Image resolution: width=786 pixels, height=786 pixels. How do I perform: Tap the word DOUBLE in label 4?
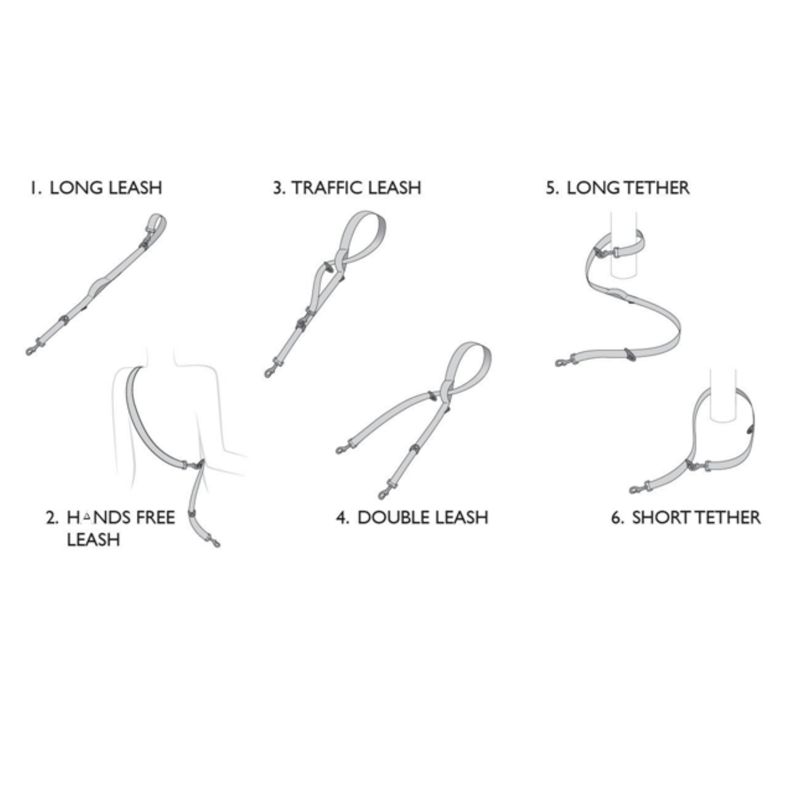point(393,518)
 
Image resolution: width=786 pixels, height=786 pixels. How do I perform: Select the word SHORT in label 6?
point(660,518)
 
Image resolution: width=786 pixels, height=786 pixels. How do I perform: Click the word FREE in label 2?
point(155,518)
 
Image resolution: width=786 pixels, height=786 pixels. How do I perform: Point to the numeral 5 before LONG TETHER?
point(551,188)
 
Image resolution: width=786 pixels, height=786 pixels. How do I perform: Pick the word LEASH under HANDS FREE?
point(94,540)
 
